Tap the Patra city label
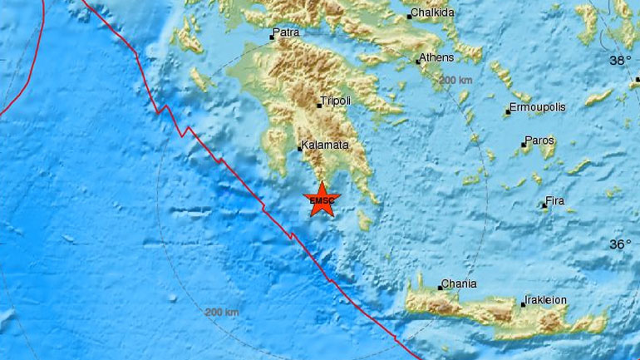coord(287,34)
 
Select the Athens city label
coord(438,57)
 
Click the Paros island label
coord(540,142)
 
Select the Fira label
coord(554,201)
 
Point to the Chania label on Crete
coord(460,284)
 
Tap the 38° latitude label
coord(620,60)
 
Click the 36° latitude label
coord(620,244)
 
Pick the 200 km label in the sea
coord(221,312)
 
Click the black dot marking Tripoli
coord(318,106)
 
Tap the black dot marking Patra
coord(272,37)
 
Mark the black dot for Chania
coord(440,288)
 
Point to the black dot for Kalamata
coord(300,149)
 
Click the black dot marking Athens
coord(419,61)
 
